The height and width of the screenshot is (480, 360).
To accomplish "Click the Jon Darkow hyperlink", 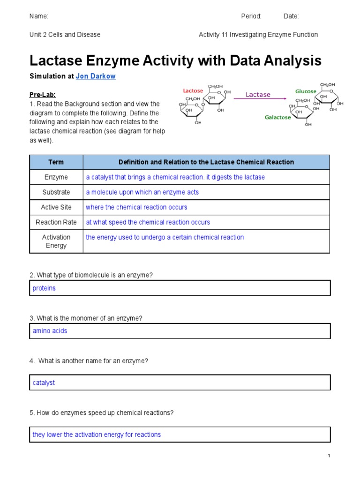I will coord(96,76).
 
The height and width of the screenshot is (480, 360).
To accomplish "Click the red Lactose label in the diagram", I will coord(193,90).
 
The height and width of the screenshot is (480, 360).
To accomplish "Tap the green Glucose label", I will coord(306,91).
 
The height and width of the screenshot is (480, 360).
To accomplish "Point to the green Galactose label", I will coord(277,118).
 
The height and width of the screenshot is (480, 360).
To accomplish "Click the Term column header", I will coord(56,162).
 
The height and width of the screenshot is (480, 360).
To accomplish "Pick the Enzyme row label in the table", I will coord(56,177).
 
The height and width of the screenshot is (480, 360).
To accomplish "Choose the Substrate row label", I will coord(56,192).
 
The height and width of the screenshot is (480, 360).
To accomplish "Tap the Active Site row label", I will coord(56,207).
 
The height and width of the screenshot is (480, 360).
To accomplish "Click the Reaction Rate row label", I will coord(56,222).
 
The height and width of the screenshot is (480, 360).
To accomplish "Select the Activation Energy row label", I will coord(56,241).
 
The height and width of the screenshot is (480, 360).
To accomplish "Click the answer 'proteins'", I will coord(44,288).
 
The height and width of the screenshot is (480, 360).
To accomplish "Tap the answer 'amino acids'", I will coord(50,331).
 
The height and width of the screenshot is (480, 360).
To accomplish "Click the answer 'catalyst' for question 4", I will coord(44,383).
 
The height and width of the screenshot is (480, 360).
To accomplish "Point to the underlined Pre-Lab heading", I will coord(42,95).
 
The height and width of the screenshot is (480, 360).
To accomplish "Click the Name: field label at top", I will coord(39,16).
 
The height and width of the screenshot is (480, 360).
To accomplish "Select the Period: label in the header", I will coord(251,16).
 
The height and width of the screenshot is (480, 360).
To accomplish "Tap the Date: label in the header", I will coord(291,16).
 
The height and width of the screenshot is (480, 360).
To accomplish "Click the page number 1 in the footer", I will coord(329,456).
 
